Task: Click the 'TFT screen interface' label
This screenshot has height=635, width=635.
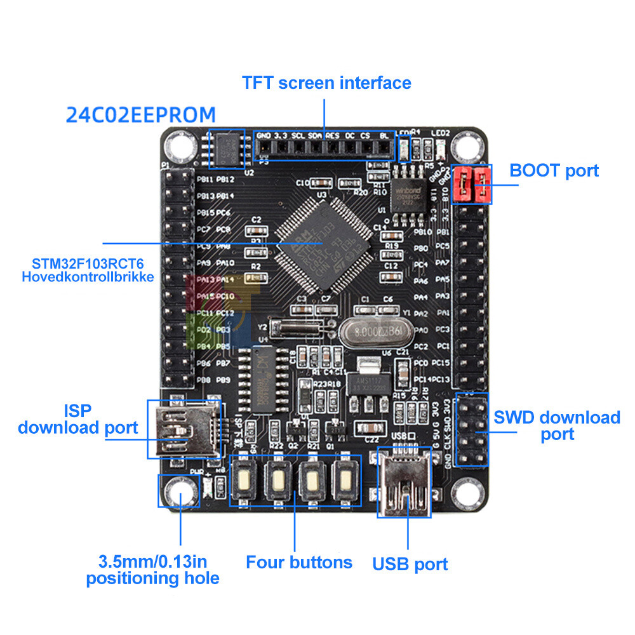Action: click(326, 83)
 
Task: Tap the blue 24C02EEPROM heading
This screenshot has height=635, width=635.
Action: click(141, 115)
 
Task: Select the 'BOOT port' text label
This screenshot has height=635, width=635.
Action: click(554, 171)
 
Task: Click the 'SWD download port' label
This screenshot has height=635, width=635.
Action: click(557, 425)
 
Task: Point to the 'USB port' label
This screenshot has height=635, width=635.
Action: click(410, 564)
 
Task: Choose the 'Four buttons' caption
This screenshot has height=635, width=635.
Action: click(298, 562)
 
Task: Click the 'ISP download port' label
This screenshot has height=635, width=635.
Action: click(77, 419)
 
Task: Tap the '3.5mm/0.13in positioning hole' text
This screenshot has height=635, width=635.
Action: click(152, 570)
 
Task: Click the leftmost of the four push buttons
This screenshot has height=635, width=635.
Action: click(244, 481)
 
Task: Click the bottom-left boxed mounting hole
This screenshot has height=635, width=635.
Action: click(179, 491)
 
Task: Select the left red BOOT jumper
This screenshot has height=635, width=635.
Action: click(464, 184)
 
